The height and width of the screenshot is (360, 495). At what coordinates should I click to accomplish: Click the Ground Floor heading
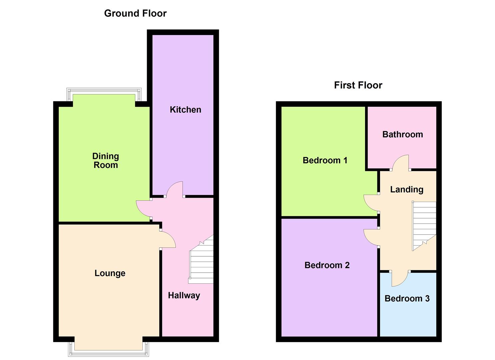point(135,13)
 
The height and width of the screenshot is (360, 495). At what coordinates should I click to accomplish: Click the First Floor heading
point(358,85)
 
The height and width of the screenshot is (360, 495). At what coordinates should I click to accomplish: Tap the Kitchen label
point(185,110)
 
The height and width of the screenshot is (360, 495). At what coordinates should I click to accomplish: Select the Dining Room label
point(105,160)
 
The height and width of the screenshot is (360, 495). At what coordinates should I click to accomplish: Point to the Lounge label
point(110,273)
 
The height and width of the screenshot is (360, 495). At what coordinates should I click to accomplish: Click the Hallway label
point(184,295)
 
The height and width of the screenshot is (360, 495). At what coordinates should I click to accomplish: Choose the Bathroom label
point(402,134)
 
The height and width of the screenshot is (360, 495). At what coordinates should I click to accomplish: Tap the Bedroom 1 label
point(325,160)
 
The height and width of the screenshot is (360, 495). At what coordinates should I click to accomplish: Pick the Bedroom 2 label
point(327,265)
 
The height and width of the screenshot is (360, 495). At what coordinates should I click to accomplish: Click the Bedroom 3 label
point(407,298)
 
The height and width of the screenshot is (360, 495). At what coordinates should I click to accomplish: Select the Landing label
point(407,189)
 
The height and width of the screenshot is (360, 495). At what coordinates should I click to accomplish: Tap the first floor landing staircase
point(424,225)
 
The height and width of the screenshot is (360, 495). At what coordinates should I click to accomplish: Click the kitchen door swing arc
point(174,189)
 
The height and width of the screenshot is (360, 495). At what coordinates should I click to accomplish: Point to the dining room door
point(144,209)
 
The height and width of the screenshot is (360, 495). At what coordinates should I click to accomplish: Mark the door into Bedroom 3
point(400,279)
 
